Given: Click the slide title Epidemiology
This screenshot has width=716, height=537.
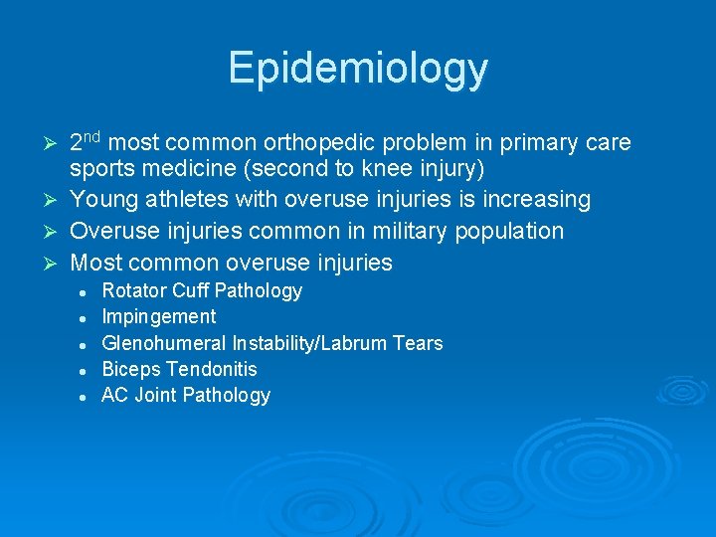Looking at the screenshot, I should (x=358, y=68).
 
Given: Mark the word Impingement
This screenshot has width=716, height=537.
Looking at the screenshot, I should (x=158, y=317).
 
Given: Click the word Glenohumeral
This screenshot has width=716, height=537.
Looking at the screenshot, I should (x=164, y=343).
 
